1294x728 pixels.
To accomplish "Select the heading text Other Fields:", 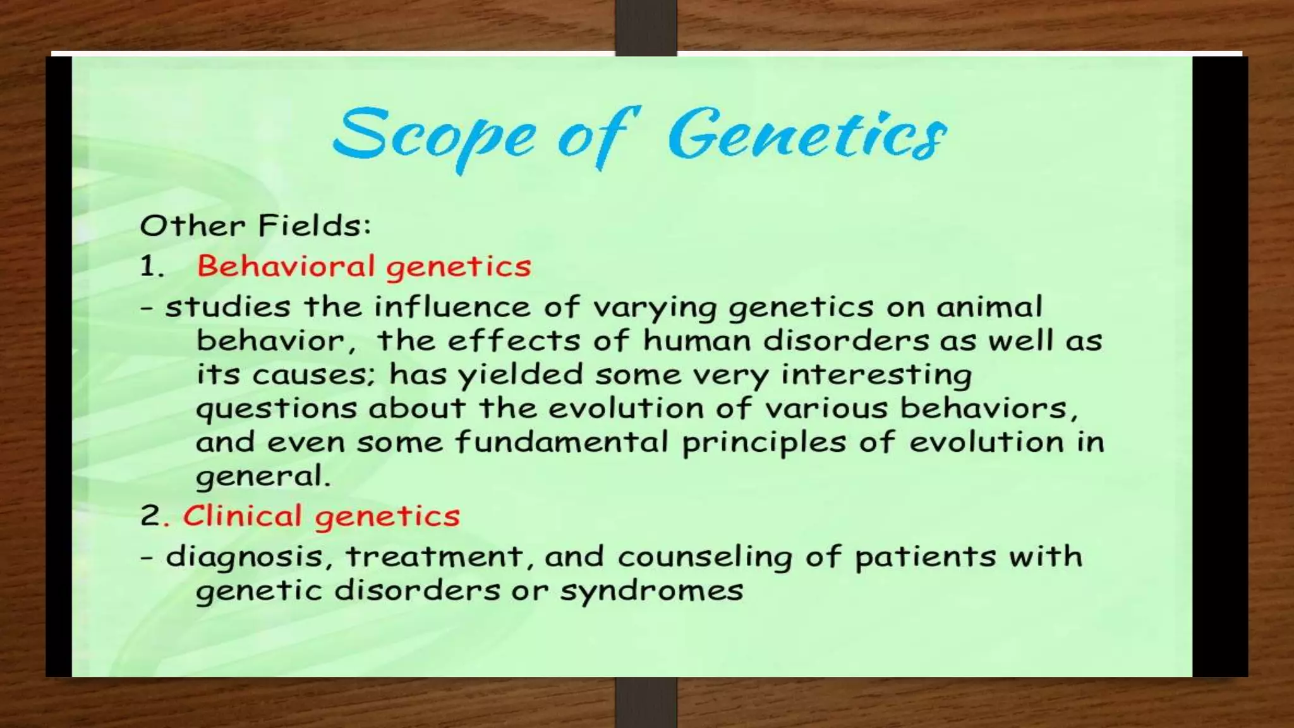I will click(x=255, y=226).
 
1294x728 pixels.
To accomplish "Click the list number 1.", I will click(x=150, y=266).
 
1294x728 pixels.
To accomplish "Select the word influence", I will click(x=452, y=307).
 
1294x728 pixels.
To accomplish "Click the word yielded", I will click(x=520, y=375).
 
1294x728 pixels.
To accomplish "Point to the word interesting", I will click(x=876, y=375).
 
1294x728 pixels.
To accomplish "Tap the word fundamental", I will click(x=562, y=442).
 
